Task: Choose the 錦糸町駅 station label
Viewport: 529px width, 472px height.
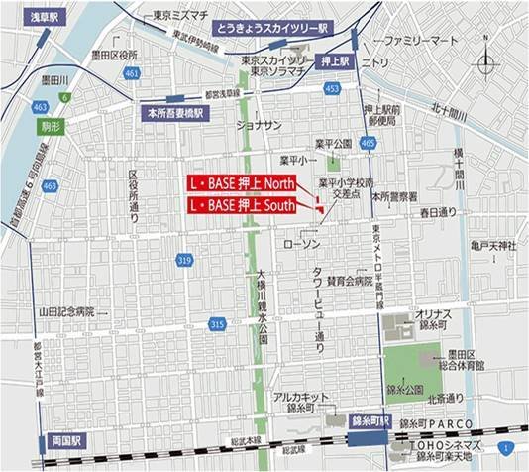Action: click(x=372, y=421)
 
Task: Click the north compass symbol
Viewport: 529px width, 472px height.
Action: click(x=486, y=66)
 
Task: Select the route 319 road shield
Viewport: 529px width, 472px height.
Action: click(x=183, y=260)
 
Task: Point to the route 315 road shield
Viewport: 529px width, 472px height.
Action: click(x=217, y=324)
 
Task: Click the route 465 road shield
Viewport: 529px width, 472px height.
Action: click(x=368, y=144)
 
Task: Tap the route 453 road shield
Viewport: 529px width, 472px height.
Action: click(x=331, y=89)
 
